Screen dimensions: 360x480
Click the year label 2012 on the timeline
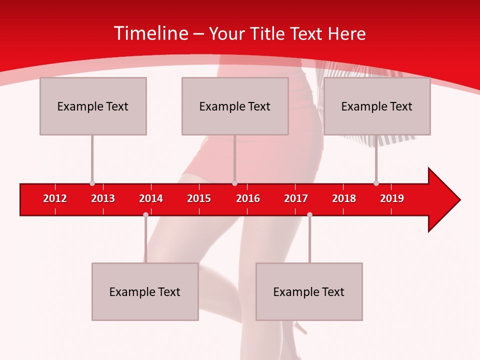point(55,198)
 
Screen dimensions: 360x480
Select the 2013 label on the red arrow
point(103,198)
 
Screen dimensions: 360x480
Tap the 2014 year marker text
point(151,198)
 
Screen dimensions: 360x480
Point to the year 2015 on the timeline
point(199,198)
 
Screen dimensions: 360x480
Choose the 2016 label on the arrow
point(248,198)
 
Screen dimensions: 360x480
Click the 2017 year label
point(296,198)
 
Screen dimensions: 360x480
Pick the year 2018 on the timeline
point(344,198)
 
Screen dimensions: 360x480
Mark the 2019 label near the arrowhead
point(392,198)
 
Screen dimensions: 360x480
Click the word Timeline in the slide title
point(150,33)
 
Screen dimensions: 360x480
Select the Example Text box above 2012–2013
point(93,106)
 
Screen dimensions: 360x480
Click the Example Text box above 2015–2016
point(235,106)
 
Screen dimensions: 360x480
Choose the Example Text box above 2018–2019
point(377,106)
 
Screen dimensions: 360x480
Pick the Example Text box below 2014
point(145,292)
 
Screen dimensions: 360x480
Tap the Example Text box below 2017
point(309,292)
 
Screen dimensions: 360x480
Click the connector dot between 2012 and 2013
point(92,183)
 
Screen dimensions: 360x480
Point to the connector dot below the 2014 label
point(145,214)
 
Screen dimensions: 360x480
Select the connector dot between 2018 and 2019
point(376,183)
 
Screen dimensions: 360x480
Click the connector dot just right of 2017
point(309,214)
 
